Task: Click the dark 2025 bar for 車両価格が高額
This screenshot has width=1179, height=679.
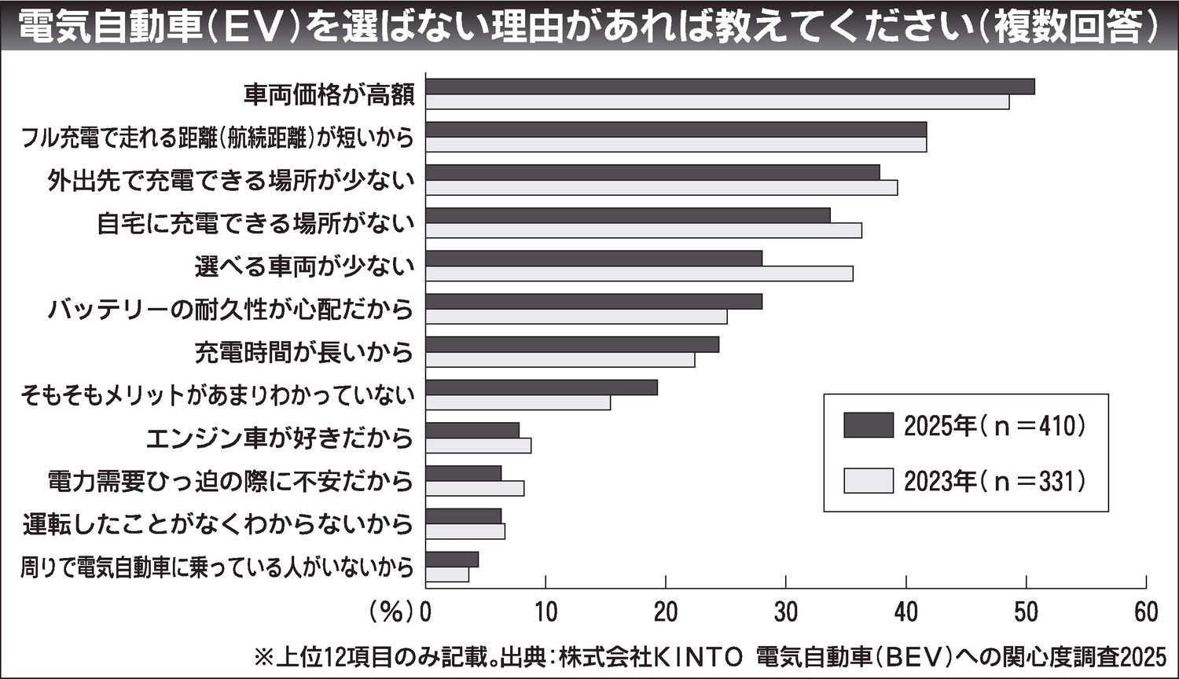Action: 729,86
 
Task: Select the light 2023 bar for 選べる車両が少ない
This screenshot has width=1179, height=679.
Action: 639,273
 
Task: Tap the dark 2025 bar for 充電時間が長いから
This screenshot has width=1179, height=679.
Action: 572,344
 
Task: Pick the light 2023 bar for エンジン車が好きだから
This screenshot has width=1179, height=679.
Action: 478,446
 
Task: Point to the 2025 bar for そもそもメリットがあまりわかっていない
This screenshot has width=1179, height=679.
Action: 542,387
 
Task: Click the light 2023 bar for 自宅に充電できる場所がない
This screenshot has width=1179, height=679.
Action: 643,230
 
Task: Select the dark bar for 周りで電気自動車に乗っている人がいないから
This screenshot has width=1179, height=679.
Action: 452,560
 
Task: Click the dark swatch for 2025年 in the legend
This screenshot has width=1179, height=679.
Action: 869,425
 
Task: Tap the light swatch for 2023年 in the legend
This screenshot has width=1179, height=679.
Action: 869,481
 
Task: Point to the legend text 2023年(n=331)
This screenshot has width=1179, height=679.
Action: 995,481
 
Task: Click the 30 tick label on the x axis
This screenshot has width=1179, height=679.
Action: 786,612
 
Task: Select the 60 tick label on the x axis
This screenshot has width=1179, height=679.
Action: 1146,612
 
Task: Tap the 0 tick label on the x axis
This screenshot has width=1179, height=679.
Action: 426,612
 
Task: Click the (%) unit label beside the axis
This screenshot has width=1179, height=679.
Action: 391,612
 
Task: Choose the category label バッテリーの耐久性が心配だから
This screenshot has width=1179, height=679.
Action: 230,309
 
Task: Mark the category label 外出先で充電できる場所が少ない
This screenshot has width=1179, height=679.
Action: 230,181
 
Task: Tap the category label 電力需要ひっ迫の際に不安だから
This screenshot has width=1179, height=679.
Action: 230,480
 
